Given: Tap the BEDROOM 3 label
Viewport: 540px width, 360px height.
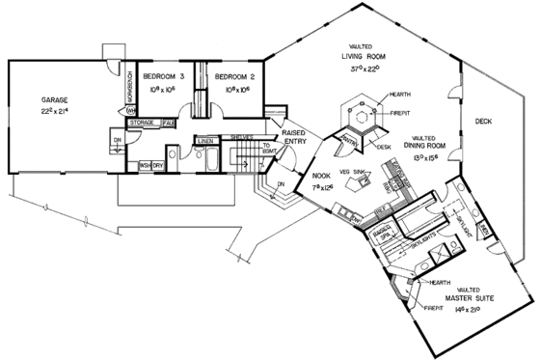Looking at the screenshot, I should coord(163,75).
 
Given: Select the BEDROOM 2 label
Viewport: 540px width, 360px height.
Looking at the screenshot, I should coord(232,75).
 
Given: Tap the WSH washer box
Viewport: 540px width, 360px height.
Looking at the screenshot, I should coord(144,165).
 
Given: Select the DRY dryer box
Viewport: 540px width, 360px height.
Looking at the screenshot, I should coord(157,165).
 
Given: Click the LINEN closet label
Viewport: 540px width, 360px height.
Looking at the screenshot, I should coord(204,142).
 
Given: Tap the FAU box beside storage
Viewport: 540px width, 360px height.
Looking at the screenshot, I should coord(167,123).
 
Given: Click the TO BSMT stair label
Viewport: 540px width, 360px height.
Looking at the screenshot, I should coord(266,148).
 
